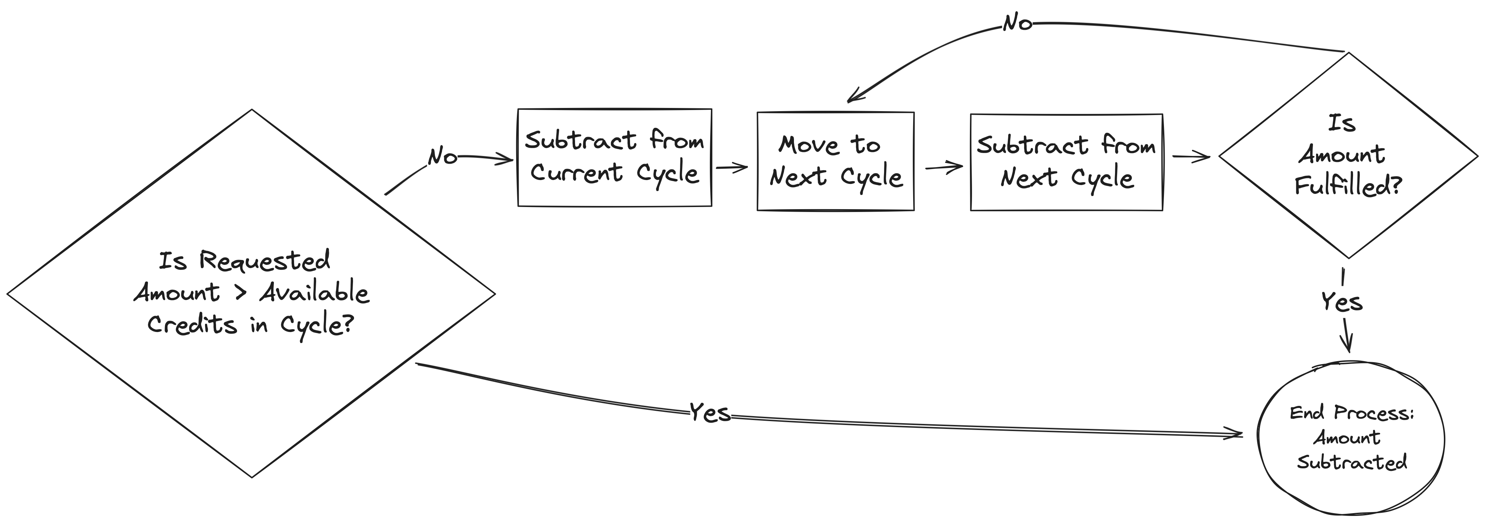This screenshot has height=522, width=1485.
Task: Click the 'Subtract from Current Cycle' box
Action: coord(614,157)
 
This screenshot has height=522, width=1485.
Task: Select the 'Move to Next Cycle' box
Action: coord(835,161)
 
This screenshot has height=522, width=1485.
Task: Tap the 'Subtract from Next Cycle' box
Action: coord(1066,162)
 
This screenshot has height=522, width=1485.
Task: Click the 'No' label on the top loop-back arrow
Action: coord(1017,23)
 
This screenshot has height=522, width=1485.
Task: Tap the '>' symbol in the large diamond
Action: coord(241,293)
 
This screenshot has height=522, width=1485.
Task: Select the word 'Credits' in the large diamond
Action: coord(192,324)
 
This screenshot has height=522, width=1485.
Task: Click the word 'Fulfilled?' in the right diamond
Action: coord(1348,186)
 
